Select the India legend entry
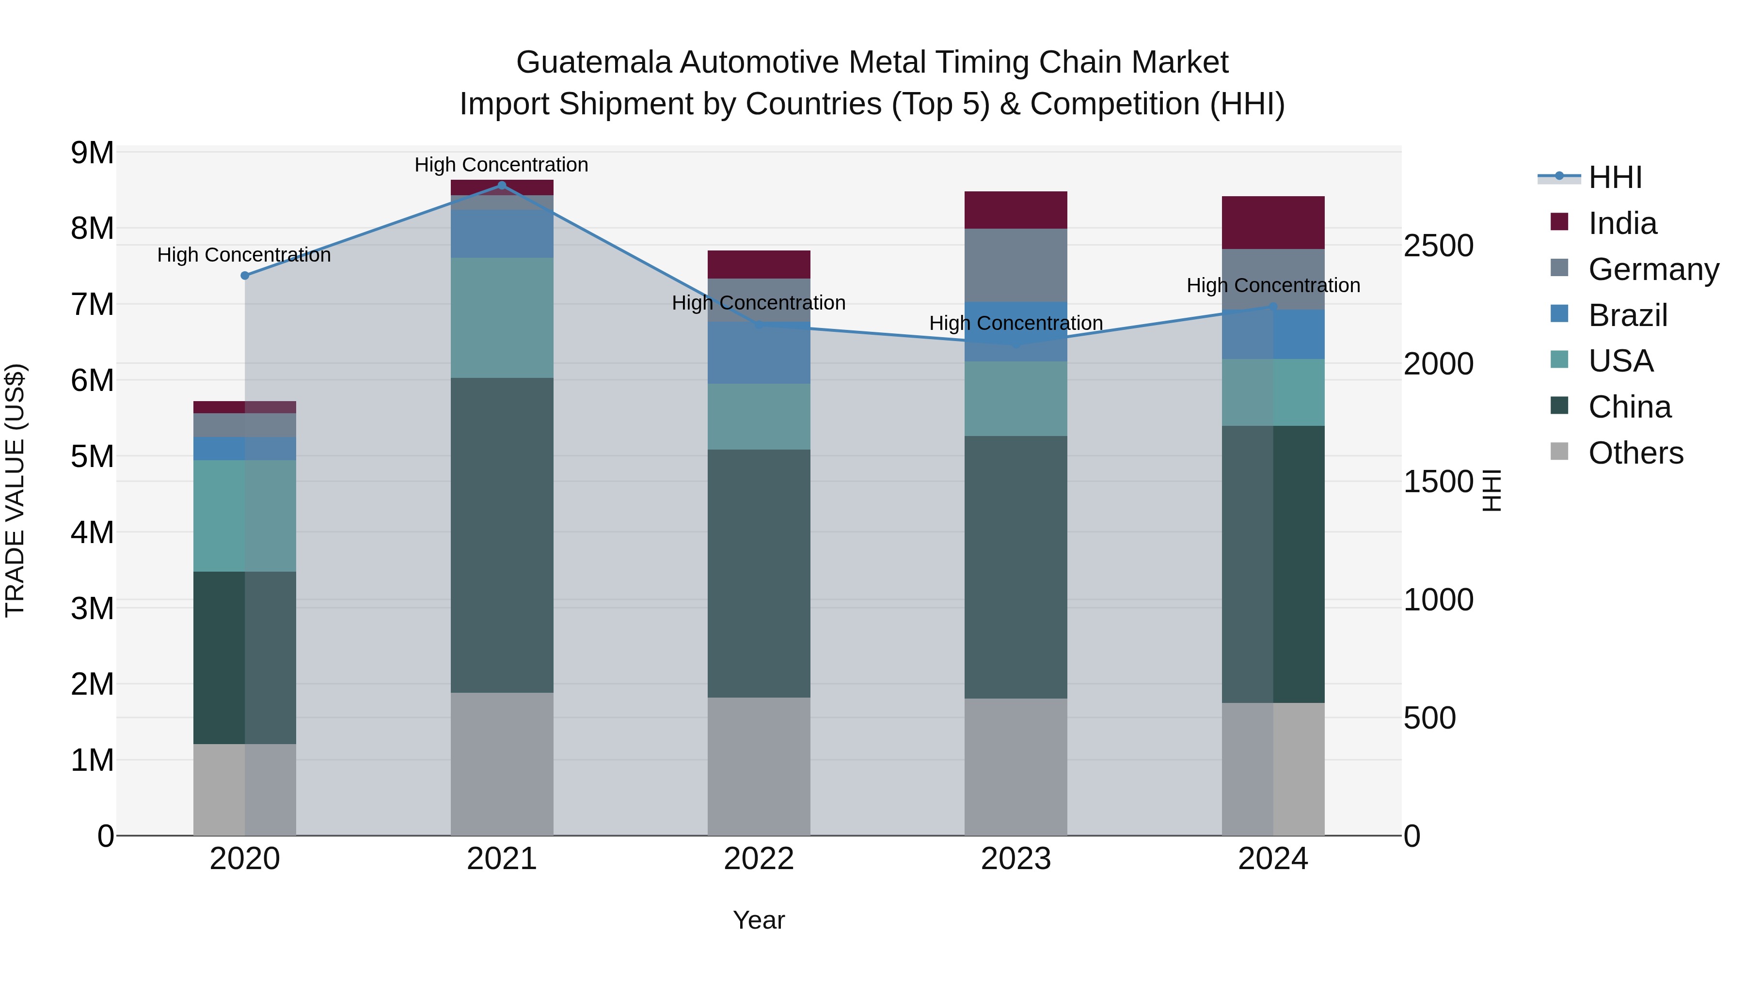click(1622, 223)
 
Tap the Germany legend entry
click(1653, 269)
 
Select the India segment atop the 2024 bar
click(1273, 223)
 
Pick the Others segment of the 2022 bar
click(759, 766)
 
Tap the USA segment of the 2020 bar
click(245, 516)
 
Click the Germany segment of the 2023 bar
click(1015, 265)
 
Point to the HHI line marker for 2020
click(245, 276)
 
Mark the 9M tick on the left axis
click(93, 153)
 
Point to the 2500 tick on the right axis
click(1438, 246)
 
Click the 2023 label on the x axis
click(1015, 859)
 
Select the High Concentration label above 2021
click(501, 165)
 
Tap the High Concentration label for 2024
click(1273, 285)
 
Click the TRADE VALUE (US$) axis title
click(15, 490)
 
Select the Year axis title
click(759, 920)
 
